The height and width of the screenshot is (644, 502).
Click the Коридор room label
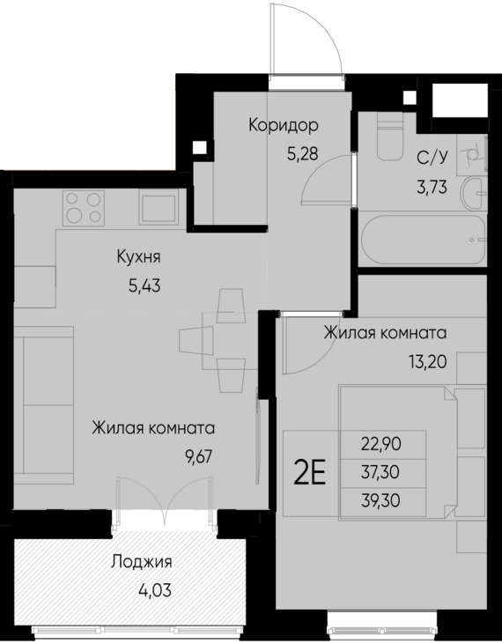(x=282, y=125)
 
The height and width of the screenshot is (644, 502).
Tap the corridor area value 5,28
(x=301, y=152)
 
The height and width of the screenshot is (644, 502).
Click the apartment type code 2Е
(x=309, y=473)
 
